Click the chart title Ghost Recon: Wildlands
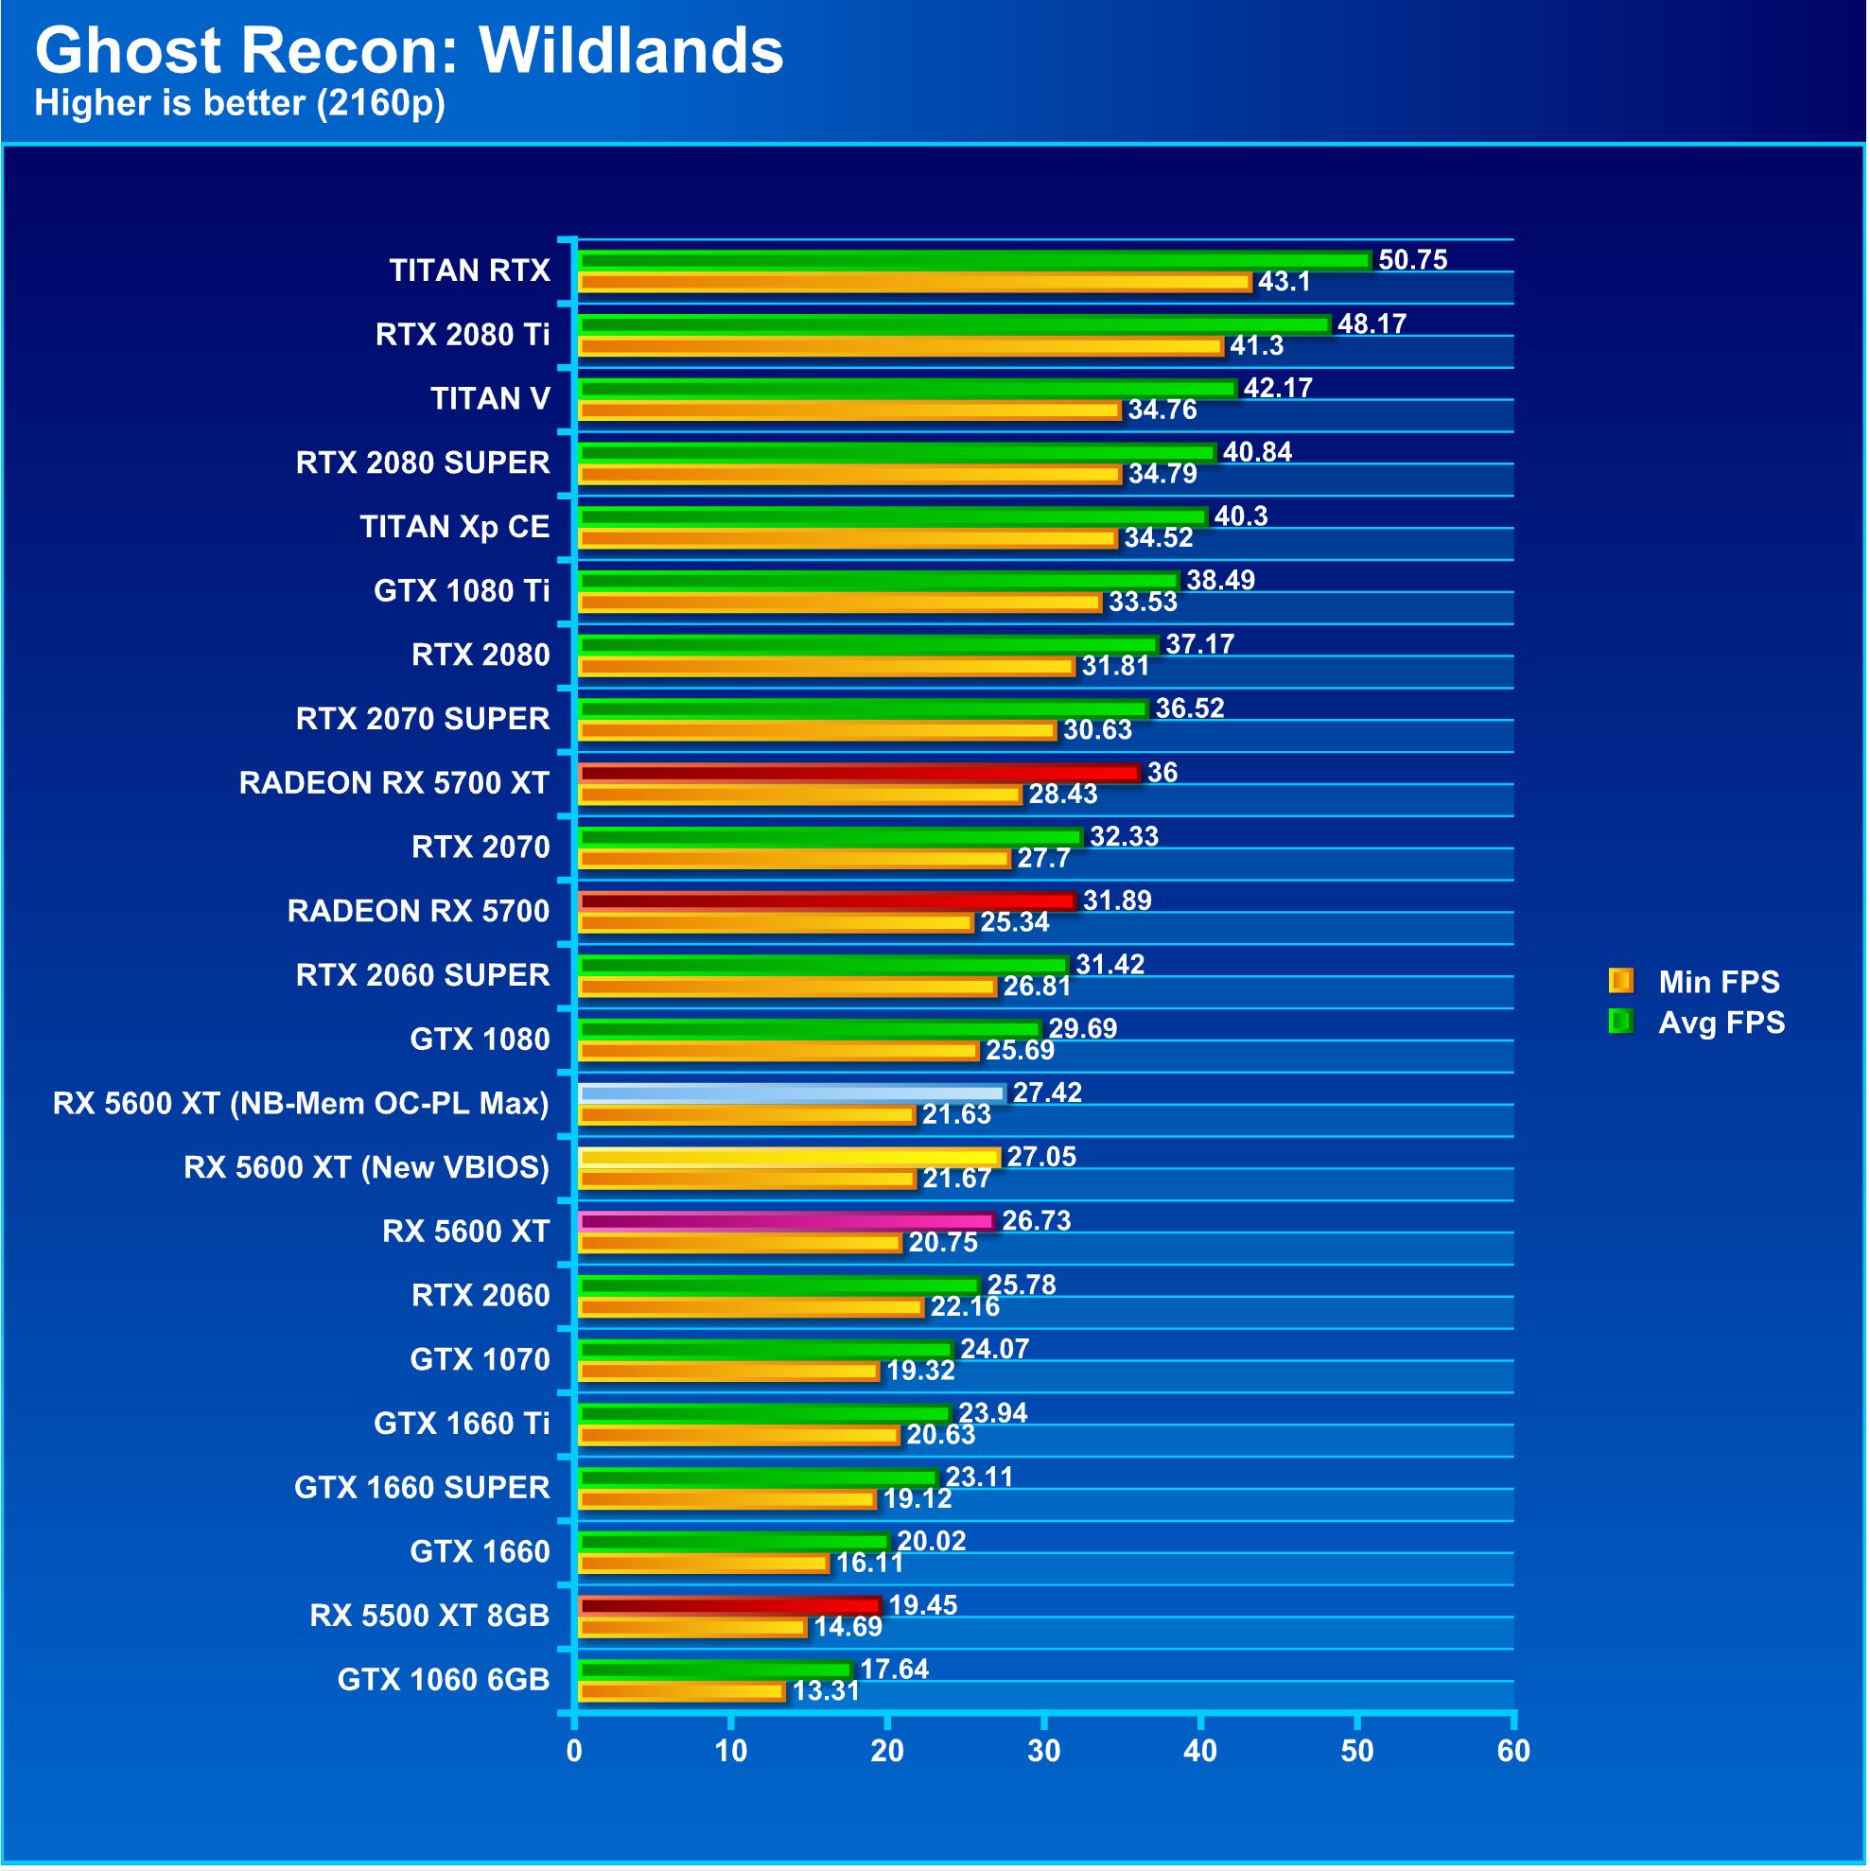click(x=409, y=50)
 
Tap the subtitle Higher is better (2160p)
click(x=240, y=103)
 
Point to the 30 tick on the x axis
click(x=1044, y=1752)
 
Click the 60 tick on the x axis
click(x=1513, y=1752)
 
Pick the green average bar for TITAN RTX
click(x=973, y=260)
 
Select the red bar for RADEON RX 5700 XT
click(x=858, y=774)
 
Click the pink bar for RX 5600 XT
click(x=785, y=1222)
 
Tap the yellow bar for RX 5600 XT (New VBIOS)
click(x=788, y=1158)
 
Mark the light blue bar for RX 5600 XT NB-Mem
click(x=791, y=1094)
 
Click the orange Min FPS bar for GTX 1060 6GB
click(x=681, y=1693)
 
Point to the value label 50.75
click(x=1412, y=260)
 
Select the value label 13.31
click(x=826, y=1693)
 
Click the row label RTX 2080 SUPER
click(x=422, y=463)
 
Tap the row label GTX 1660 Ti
click(x=461, y=1425)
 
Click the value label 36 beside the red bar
click(x=1162, y=774)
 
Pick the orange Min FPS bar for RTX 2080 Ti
click(x=900, y=347)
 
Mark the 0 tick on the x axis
click(x=575, y=1752)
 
